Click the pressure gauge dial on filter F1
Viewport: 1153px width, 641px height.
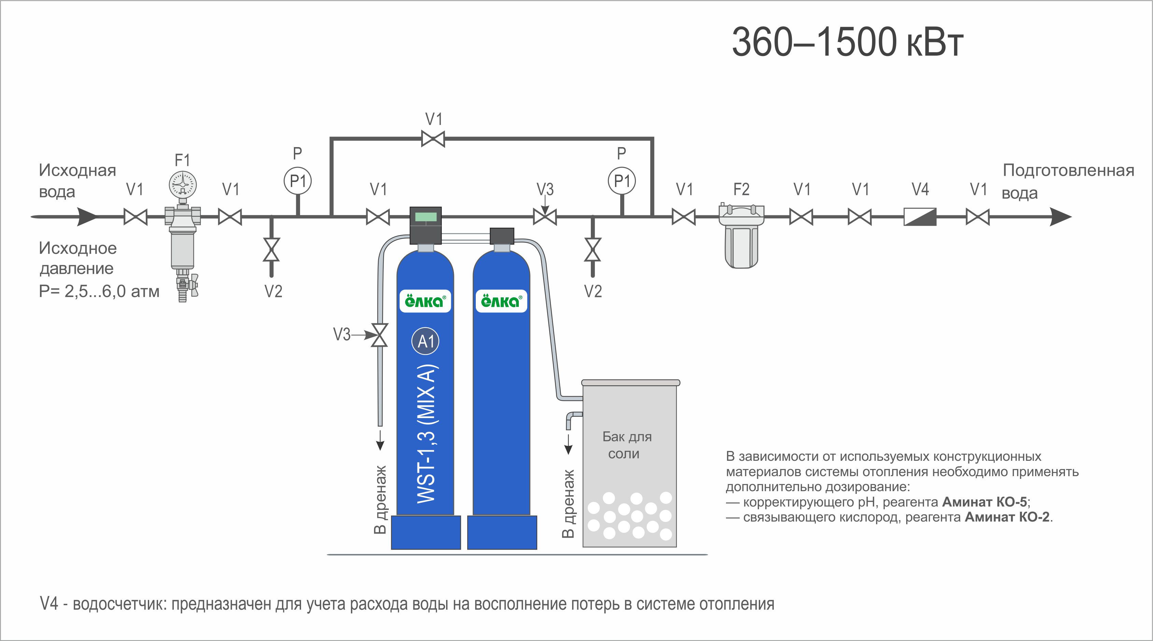(183, 184)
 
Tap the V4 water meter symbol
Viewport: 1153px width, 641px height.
(920, 217)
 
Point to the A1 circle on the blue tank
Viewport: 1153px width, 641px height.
(425, 342)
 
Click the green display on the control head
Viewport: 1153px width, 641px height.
(426, 217)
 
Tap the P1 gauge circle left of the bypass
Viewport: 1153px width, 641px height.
(298, 181)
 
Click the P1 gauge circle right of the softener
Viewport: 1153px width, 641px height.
(622, 181)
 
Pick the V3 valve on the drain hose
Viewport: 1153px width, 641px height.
(380, 335)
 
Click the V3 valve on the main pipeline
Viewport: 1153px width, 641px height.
(545, 217)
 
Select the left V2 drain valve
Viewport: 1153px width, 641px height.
(271, 250)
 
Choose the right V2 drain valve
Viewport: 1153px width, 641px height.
(593, 250)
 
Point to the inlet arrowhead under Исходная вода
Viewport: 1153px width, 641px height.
(87, 217)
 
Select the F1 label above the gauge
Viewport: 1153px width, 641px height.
(182, 160)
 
